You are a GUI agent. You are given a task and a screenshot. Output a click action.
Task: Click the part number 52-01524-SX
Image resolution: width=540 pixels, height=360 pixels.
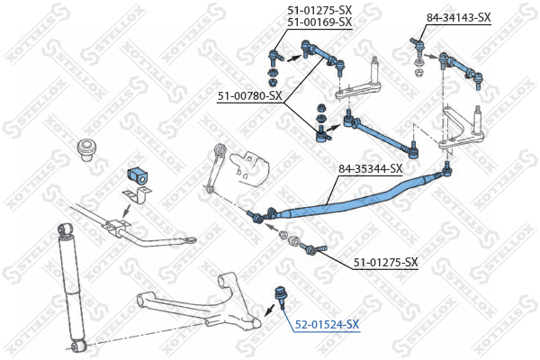(x=327, y=324)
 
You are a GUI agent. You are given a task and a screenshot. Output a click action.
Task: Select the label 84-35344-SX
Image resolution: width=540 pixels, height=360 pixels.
(x=370, y=169)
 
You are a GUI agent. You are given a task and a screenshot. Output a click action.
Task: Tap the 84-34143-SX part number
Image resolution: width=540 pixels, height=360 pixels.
(x=458, y=17)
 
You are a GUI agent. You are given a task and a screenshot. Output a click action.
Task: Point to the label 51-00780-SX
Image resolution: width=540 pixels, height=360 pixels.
(x=249, y=96)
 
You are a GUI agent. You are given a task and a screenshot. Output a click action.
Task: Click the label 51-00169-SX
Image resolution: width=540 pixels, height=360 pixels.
(x=319, y=22)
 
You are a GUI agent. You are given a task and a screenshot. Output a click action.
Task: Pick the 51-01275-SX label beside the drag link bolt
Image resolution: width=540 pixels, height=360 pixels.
(x=386, y=263)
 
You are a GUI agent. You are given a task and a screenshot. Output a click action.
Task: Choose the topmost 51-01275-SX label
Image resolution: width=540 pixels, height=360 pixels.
(x=319, y=10)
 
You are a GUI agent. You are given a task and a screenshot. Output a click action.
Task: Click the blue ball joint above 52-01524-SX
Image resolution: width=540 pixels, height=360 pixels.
(x=279, y=296)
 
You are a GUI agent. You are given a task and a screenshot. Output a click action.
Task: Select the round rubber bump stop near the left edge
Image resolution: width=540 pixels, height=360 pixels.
(x=86, y=150)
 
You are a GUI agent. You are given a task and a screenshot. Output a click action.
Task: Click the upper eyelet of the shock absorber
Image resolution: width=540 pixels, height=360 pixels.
(x=66, y=229)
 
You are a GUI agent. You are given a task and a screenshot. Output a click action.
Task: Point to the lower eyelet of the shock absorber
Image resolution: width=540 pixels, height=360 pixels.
(x=79, y=346)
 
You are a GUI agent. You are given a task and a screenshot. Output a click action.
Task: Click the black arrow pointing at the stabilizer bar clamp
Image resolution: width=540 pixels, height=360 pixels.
(x=127, y=211)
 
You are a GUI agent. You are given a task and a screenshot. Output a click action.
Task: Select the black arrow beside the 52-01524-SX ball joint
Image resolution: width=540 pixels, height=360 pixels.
(x=269, y=310)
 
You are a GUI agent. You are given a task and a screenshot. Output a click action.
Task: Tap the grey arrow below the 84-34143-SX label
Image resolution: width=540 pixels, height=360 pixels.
(x=429, y=56)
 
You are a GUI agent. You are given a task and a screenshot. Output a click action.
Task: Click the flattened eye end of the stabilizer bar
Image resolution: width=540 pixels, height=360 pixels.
(x=189, y=239)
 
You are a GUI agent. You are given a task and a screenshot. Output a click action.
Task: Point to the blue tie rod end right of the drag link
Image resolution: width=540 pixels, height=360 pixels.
(x=446, y=170)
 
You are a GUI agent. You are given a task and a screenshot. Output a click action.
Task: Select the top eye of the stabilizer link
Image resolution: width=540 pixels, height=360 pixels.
(x=220, y=148)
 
